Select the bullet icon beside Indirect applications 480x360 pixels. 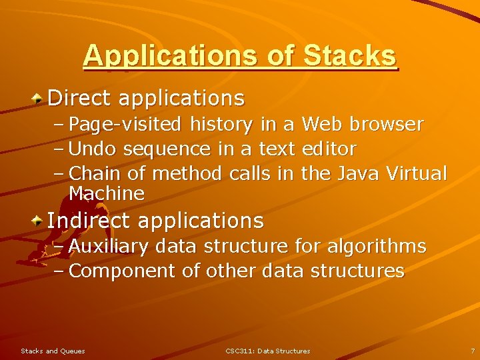39,220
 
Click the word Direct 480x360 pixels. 79,99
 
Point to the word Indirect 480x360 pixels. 89,220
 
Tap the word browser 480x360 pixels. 387,125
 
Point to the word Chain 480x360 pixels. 95,173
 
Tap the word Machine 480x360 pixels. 107,194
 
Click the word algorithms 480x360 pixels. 377,247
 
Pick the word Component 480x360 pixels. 123,271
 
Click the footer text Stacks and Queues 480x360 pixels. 53,351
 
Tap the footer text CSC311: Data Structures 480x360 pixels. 267,351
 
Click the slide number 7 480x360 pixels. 472,351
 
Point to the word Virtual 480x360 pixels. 421,173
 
